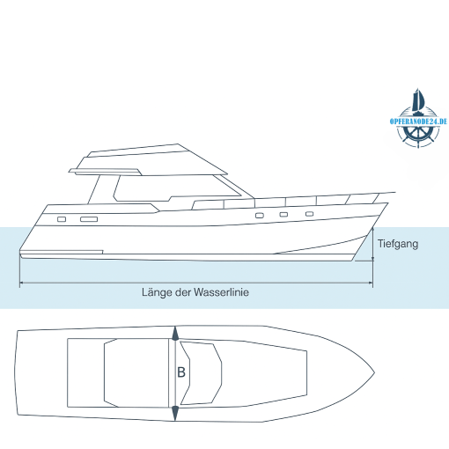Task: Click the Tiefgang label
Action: (398, 244)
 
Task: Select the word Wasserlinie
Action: (221, 292)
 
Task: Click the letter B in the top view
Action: (181, 372)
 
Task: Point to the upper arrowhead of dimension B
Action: (175, 334)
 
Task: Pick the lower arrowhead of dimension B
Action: (175, 414)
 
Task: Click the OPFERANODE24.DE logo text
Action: (418, 121)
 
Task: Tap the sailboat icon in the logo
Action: (418, 100)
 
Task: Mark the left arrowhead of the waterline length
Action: (21, 283)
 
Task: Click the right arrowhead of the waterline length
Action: (371, 283)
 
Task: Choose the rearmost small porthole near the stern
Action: (62, 219)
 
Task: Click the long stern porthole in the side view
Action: (89, 219)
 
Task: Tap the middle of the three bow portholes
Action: (283, 215)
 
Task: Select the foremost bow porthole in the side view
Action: (309, 214)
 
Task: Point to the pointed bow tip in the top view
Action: (374, 373)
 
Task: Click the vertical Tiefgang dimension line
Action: (372, 244)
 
